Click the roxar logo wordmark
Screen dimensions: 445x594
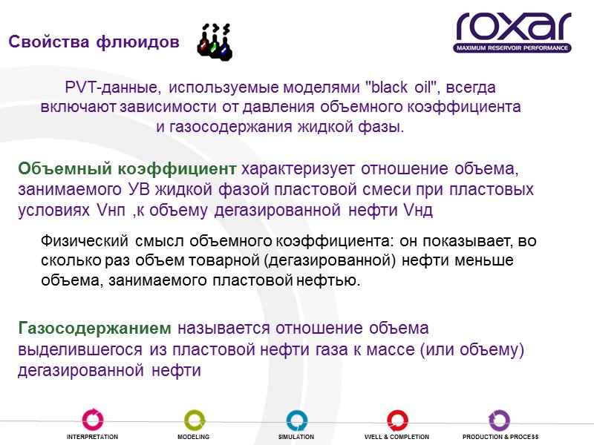tap(513, 27)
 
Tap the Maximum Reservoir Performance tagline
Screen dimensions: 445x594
tap(513, 48)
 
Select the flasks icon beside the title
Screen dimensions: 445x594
tap(215, 41)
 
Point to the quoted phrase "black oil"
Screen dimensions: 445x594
tap(402, 88)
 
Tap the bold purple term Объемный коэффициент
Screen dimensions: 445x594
tap(127, 168)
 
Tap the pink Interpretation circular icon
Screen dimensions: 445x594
tap(94, 419)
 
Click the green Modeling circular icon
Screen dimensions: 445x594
tap(194, 419)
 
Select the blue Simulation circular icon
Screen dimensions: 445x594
tap(296, 420)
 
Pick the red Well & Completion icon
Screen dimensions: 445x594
tap(396, 420)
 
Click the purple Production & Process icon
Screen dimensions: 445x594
tap(500, 420)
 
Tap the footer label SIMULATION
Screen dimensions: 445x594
tap(296, 438)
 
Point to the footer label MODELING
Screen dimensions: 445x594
tap(194, 438)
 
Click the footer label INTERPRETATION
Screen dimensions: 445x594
tap(94, 438)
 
